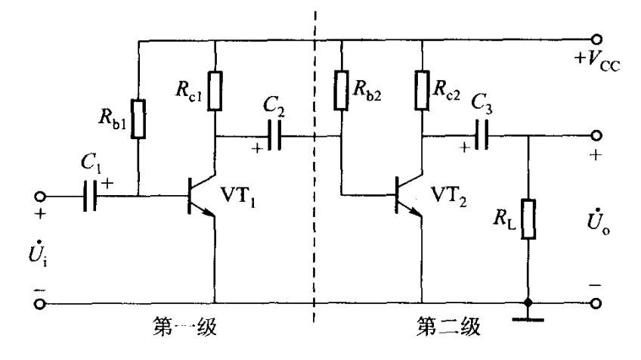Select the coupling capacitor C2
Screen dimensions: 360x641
(277, 137)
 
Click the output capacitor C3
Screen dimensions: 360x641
(481, 137)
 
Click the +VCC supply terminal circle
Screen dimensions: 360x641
(599, 39)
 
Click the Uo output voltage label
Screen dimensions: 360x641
(596, 226)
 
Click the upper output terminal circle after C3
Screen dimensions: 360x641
(599, 137)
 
